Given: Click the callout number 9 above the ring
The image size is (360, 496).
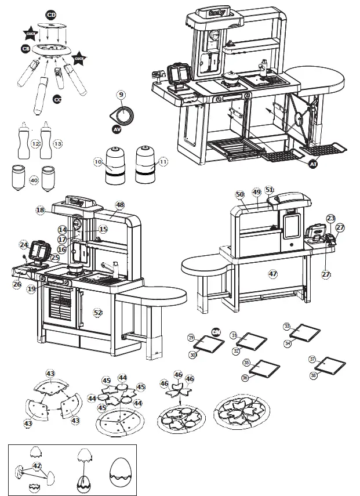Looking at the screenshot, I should [x=121, y=94].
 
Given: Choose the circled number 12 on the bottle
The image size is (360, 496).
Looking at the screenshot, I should [x=35, y=143].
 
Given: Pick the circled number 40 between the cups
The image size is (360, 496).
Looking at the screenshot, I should [x=34, y=180].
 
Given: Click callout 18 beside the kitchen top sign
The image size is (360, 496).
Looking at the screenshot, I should [x=40, y=210].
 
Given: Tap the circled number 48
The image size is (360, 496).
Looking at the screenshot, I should [x=120, y=205].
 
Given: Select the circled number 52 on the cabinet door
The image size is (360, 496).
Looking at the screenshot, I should [x=98, y=312].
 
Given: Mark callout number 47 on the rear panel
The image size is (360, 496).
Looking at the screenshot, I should [x=273, y=273].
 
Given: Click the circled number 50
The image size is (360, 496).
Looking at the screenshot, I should [x=240, y=194].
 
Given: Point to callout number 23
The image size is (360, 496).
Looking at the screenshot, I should [x=330, y=218].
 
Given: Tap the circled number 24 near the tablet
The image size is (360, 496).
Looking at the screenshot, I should [x=24, y=245].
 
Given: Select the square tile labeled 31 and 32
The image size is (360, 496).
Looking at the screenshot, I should [x=248, y=343].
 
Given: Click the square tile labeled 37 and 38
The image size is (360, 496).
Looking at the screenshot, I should [x=329, y=366].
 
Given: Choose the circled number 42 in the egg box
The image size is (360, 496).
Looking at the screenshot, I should [x=37, y=465].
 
